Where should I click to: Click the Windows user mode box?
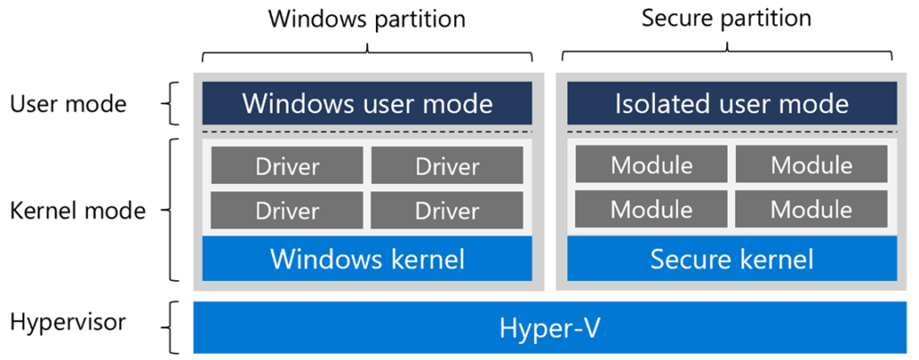click(x=367, y=103)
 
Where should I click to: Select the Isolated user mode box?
click(x=731, y=103)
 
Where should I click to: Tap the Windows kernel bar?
click(x=367, y=259)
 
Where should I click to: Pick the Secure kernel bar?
click(x=731, y=259)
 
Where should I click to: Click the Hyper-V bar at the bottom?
click(x=549, y=328)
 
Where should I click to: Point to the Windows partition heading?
click(x=367, y=18)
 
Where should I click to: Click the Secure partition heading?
click(x=726, y=18)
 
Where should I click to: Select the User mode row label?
click(x=68, y=104)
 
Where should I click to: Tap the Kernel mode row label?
click(x=77, y=211)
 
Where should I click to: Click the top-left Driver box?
click(x=287, y=166)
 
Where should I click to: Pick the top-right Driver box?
click(x=447, y=166)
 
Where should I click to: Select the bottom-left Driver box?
click(x=287, y=210)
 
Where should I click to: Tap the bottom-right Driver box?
click(x=447, y=210)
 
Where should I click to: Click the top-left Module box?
click(x=652, y=165)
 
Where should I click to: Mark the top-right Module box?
click(x=811, y=165)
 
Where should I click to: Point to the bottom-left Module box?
click(x=652, y=209)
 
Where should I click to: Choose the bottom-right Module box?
click(x=811, y=209)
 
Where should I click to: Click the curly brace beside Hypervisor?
click(x=173, y=328)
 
